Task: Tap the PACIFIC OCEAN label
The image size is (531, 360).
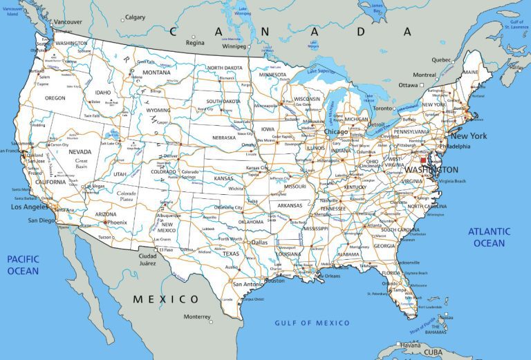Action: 23,265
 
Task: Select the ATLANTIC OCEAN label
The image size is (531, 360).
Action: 489,237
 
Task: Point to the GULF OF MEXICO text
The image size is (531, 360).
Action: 312,323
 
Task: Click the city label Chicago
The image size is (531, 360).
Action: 335,131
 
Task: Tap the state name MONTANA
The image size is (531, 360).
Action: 156,73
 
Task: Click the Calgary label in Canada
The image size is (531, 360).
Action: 135,17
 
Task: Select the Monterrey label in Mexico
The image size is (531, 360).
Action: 197,316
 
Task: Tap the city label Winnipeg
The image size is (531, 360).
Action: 234,46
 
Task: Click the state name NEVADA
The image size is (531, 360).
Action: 80,151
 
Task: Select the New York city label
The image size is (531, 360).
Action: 469,136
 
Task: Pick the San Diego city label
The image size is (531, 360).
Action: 41,220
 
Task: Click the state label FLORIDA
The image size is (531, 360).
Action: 392,273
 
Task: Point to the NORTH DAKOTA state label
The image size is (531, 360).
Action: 225,68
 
